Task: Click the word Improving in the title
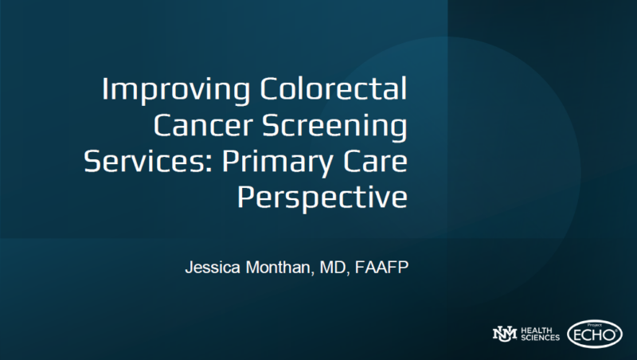pos(176,90)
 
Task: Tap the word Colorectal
pos(333,88)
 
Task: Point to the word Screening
pos(334,127)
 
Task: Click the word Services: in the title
pos(148,162)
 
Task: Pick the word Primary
pos(277,162)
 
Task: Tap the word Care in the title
pos(375,162)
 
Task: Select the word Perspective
pos(322,198)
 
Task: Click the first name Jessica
pos(213,268)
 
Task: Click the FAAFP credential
pos(381,268)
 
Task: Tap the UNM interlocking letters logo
pos(505,334)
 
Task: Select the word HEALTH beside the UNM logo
pos(536,331)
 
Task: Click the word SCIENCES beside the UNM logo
pos(540,337)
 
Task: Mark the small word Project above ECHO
pos(594,325)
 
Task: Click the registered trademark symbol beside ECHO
pos(616,331)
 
